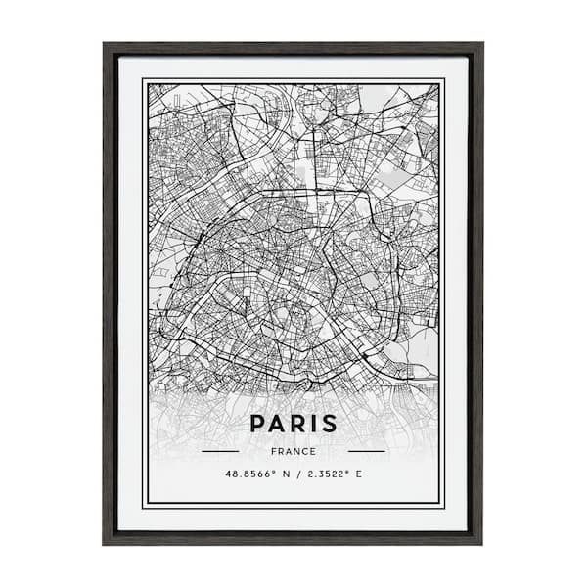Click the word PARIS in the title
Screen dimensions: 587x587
coord(293,424)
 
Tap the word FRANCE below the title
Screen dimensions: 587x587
coord(293,451)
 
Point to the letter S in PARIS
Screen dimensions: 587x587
coord(328,424)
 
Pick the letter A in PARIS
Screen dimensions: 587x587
coord(278,424)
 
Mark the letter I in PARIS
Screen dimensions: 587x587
coord(312,424)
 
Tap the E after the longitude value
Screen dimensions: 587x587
coord(358,474)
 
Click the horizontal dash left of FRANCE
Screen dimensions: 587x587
coord(220,451)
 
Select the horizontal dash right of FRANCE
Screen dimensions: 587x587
coord(367,451)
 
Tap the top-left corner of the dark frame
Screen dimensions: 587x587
coord(105,44)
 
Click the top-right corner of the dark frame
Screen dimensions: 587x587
coord(481,44)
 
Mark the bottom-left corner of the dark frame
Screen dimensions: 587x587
coord(105,543)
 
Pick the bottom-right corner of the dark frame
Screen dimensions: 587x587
coord(481,543)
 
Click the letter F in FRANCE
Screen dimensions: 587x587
coord(273,451)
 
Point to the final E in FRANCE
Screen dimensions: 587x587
coord(313,451)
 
